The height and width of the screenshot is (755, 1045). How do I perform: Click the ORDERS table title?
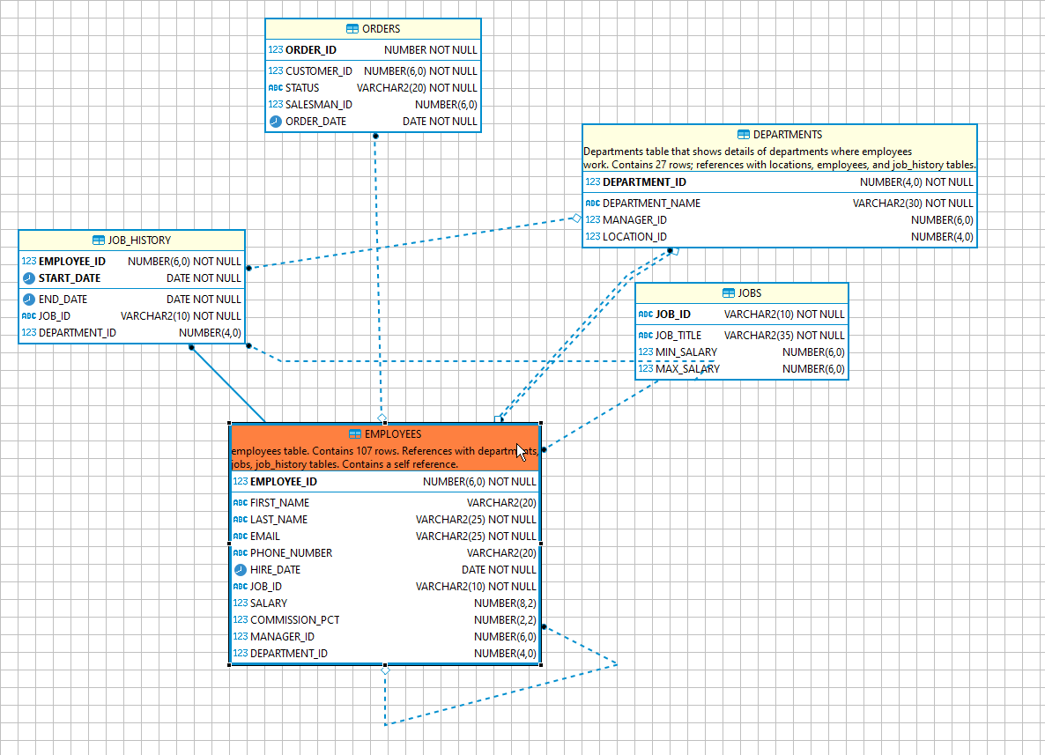[x=381, y=29]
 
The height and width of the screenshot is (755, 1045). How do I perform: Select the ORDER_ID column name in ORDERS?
[x=310, y=50]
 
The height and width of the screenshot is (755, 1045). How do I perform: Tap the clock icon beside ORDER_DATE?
[x=276, y=122]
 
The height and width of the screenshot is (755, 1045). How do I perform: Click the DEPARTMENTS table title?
[x=788, y=135]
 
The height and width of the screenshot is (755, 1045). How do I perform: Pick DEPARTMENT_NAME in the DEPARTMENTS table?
[x=651, y=204]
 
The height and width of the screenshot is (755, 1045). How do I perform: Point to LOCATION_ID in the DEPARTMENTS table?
[x=634, y=237]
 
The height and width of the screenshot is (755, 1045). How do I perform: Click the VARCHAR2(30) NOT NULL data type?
[x=913, y=204]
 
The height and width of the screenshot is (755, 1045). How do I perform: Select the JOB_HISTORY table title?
[x=139, y=241]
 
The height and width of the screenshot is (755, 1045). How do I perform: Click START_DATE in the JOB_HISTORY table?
[x=70, y=278]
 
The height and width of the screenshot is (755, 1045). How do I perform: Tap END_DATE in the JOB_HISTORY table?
[x=63, y=300]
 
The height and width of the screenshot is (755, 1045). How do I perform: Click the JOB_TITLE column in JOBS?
[x=678, y=336]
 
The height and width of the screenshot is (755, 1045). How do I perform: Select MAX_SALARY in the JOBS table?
[x=687, y=369]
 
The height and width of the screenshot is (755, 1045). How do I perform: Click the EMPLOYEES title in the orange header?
[x=393, y=434]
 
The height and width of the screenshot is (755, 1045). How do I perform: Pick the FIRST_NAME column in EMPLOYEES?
[x=279, y=503]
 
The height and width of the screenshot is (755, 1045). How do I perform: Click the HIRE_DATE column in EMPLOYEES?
[x=275, y=570]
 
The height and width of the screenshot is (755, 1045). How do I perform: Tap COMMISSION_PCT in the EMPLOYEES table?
[x=294, y=620]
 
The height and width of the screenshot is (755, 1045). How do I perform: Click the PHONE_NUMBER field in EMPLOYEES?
[x=291, y=553]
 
